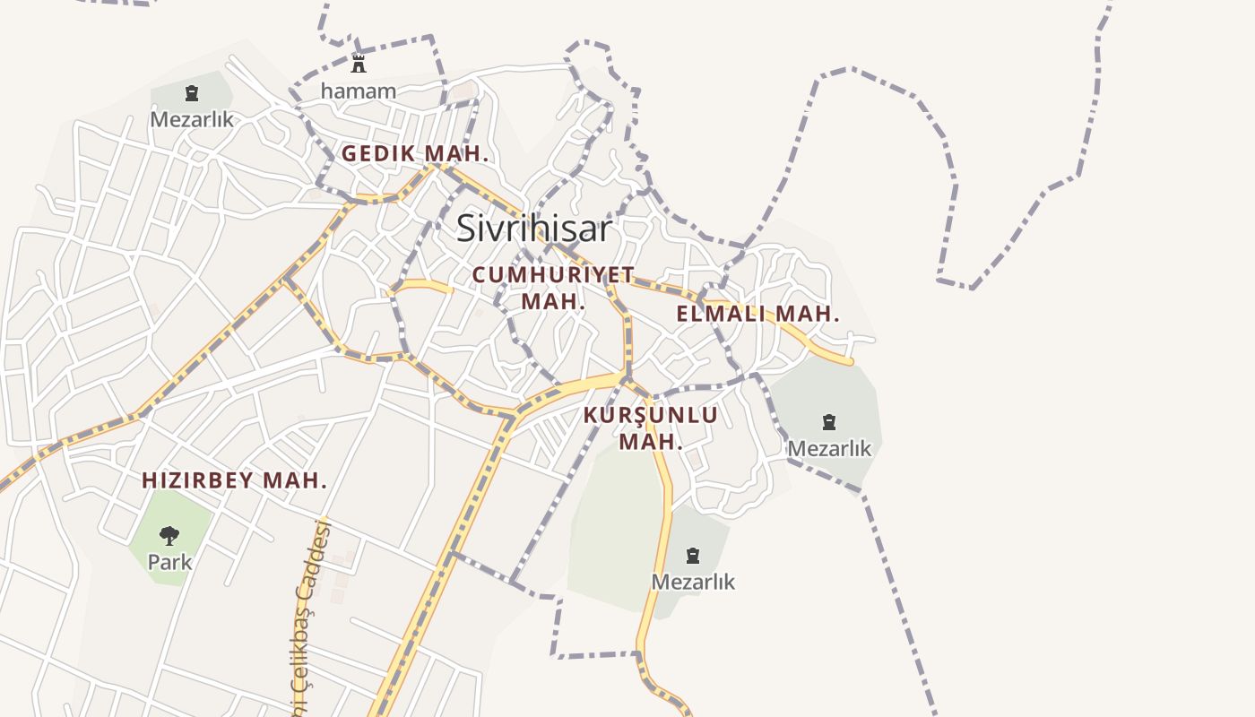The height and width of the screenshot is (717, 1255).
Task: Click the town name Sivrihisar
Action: coord(534,229)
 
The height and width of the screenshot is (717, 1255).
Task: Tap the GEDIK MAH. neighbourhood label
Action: coord(415,153)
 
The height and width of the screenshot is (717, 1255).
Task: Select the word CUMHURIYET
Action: coord(553,274)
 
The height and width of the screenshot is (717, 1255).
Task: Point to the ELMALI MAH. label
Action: coord(757,314)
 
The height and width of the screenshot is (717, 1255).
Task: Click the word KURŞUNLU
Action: coord(651,415)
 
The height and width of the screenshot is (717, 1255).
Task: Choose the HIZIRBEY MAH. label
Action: coord(234,480)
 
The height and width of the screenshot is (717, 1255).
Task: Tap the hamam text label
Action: coord(359,91)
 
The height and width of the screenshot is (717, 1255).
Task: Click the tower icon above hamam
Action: coord(359,63)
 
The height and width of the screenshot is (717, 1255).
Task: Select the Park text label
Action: coord(169,562)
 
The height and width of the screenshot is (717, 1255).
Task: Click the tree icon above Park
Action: coord(169,536)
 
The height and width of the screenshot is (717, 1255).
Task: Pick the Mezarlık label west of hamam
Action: coord(192,118)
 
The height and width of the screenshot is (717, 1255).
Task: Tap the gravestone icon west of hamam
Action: coord(191,92)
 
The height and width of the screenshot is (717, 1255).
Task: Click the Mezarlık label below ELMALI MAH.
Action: coord(829,448)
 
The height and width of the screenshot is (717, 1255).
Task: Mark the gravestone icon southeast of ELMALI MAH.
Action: coord(829,421)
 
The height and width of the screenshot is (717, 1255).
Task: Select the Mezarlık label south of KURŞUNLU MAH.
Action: coord(693,582)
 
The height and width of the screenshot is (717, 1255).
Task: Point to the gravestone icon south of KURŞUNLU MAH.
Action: coord(693,556)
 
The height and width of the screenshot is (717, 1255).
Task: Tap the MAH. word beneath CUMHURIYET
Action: coord(553,301)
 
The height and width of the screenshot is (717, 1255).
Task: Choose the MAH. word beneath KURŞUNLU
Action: coord(651,442)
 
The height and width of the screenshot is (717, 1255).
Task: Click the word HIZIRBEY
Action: coord(197,480)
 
